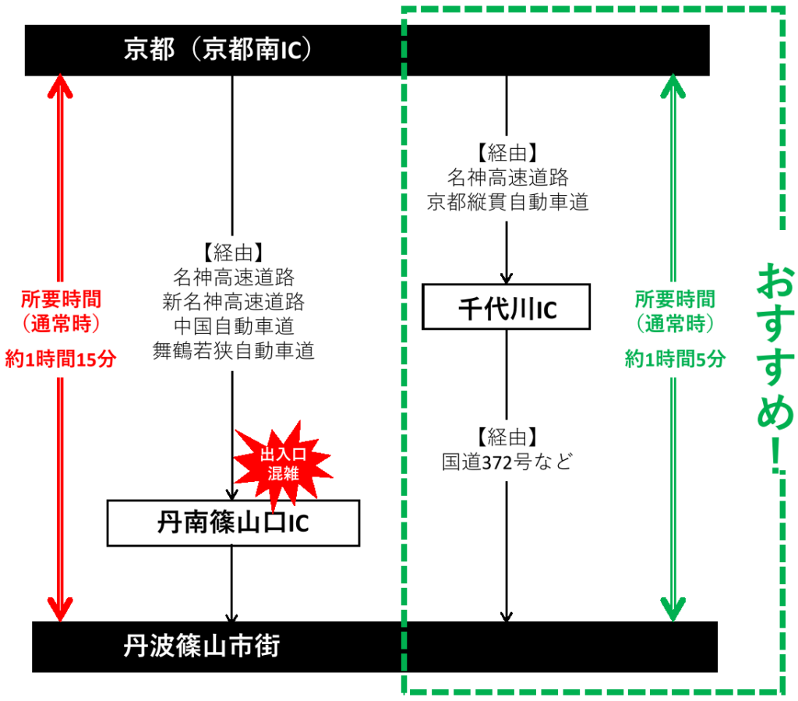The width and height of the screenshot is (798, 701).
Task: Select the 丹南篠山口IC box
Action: coord(233,523)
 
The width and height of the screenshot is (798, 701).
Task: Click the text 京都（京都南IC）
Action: coord(218,50)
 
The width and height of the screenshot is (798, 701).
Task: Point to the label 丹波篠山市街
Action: coord(202,646)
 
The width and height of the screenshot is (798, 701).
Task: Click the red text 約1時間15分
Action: coord(61,359)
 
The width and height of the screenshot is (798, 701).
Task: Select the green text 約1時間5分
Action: coord(675,359)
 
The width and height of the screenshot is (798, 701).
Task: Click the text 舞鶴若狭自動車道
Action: coord(234,352)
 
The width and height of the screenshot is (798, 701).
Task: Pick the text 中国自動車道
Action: coord(234,327)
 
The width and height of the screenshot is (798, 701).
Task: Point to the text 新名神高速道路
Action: coord(234,302)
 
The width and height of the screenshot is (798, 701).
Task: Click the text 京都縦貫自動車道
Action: coord(507,203)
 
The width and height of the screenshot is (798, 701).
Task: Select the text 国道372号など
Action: coord(507,462)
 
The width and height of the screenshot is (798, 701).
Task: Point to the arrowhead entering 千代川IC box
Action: coord(507,278)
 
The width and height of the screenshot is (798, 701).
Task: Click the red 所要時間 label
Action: coord(61,299)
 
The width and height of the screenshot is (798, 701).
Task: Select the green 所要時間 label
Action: coord(675,299)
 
